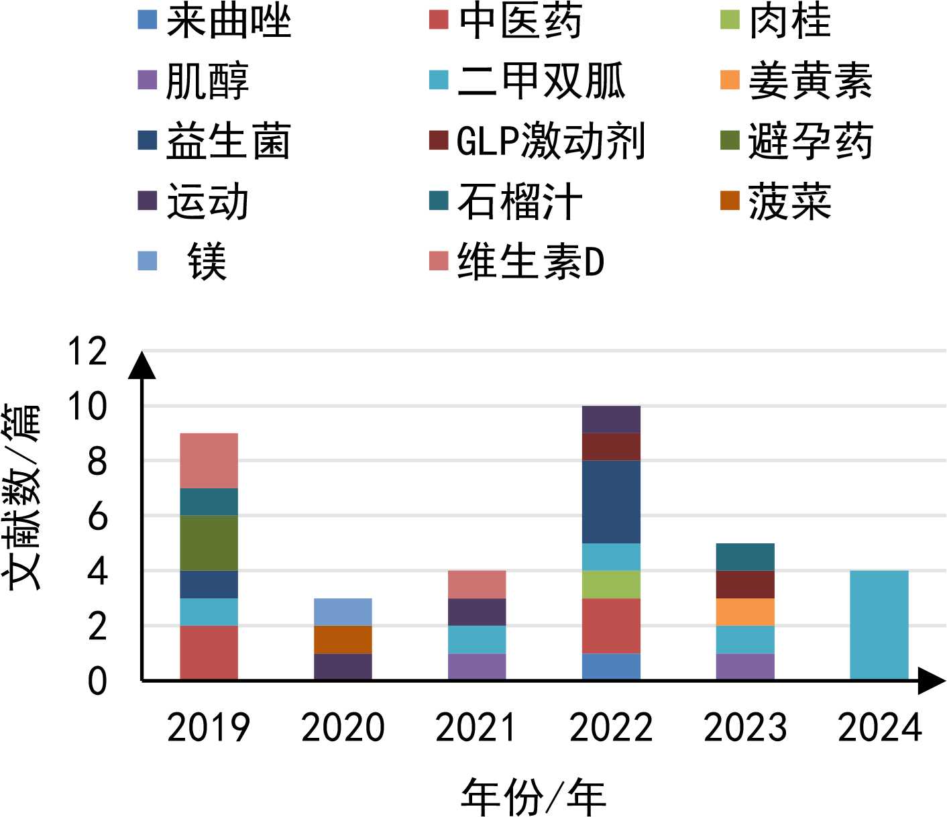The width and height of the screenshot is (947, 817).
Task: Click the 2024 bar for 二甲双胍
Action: coord(879,625)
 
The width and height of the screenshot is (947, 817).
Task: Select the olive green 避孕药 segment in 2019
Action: coord(209,543)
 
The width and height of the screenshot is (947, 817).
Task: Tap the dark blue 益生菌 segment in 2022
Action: coord(611,502)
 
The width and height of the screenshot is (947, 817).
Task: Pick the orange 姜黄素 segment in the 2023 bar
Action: coord(745,612)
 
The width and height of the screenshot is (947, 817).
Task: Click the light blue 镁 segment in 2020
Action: coord(343,612)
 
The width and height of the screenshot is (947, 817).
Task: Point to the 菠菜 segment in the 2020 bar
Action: coord(343,639)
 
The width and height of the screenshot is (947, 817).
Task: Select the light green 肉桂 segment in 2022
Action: coord(611,584)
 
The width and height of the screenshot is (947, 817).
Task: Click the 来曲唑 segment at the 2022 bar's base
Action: coord(611,667)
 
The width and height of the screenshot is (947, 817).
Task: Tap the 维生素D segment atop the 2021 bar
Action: coord(477,584)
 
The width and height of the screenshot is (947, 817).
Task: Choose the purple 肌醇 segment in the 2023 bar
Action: coord(745,667)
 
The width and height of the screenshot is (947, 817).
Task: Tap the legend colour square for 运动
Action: coord(148,201)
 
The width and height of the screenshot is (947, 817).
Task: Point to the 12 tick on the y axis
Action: coord(88,351)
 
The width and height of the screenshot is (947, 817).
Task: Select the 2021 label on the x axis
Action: coord(477,728)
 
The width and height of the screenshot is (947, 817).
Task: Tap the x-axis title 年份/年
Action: coord(533,798)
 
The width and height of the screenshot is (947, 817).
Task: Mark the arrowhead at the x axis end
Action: coord(932,681)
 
